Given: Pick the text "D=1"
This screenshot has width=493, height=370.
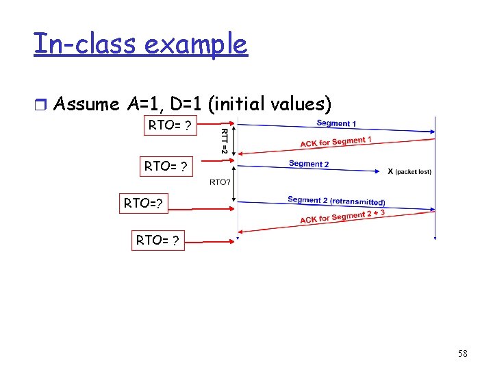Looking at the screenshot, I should (184, 104).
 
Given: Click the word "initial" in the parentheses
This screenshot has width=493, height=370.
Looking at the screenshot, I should (240, 104).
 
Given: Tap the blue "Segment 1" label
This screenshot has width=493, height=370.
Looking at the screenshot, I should (336, 123).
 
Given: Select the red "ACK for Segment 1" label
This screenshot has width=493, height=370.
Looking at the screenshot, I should (336, 142).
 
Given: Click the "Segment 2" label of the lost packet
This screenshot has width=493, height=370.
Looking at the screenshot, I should (309, 164).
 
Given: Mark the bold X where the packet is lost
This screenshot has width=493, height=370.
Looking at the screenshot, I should (390, 171).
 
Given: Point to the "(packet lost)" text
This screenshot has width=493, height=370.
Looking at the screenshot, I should (414, 171).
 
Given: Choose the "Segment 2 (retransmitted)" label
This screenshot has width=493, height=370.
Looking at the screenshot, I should (336, 201).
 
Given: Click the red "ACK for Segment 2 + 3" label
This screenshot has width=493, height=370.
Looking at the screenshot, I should (342, 217).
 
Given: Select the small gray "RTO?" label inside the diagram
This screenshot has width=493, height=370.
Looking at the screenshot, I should (219, 182).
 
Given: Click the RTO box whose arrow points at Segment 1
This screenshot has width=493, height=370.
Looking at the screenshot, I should (169, 126).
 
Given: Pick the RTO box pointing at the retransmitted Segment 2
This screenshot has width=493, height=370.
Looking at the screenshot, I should (142, 203).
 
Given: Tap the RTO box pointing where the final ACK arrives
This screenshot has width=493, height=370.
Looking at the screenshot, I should (158, 241).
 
